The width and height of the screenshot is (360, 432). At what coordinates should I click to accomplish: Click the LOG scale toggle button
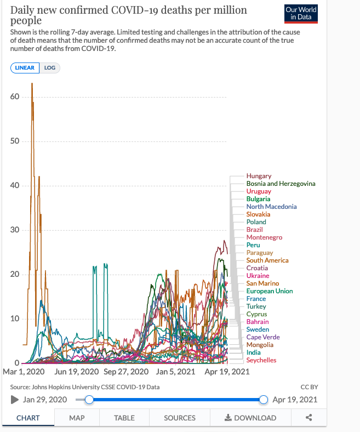coord(50,68)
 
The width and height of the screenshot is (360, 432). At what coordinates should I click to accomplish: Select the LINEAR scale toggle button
coord(25,68)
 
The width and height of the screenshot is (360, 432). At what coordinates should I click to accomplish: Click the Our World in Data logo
coord(301,14)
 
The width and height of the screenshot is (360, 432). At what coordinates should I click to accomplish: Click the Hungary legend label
coord(259,176)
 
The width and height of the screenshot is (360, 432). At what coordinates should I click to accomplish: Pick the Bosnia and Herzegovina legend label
coord(281,184)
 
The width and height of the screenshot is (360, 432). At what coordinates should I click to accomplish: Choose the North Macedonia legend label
coord(271,207)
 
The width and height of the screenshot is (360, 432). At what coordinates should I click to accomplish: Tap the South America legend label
coord(267,260)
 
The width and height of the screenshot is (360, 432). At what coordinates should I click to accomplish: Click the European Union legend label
coord(269,291)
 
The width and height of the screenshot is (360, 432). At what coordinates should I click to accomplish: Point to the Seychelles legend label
coord(261,360)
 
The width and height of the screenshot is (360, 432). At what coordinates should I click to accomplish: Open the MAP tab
coord(77,418)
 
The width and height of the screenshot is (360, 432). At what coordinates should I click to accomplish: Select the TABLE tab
coord(124,418)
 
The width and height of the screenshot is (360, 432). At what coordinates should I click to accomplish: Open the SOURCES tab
coord(180,418)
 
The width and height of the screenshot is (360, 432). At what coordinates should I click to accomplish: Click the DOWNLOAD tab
coord(250,418)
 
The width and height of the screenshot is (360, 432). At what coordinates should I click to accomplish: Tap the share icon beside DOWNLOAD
coord(309,418)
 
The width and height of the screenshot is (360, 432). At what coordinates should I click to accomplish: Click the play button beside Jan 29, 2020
coord(15,400)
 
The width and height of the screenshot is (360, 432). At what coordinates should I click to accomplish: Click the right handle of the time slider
coord(264,400)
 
